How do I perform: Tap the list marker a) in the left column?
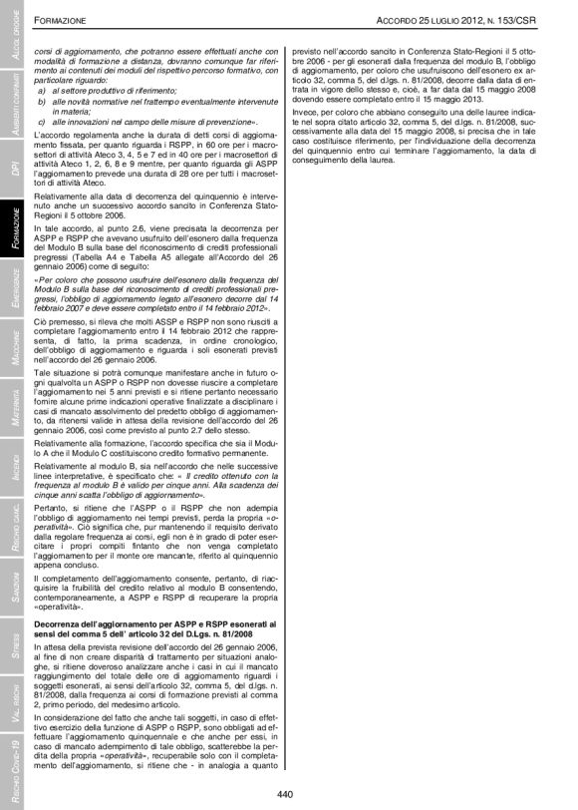(x=41, y=89)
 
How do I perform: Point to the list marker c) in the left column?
(x=41, y=119)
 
